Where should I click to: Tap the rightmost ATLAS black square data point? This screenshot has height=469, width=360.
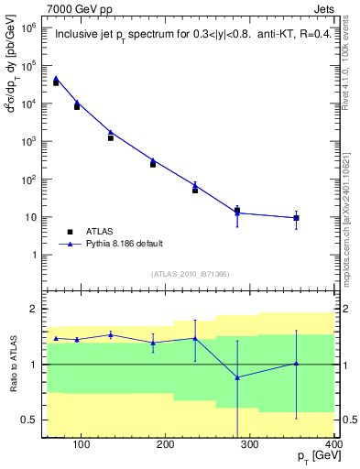(296, 218)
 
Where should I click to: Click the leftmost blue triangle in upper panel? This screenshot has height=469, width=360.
(56, 79)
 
